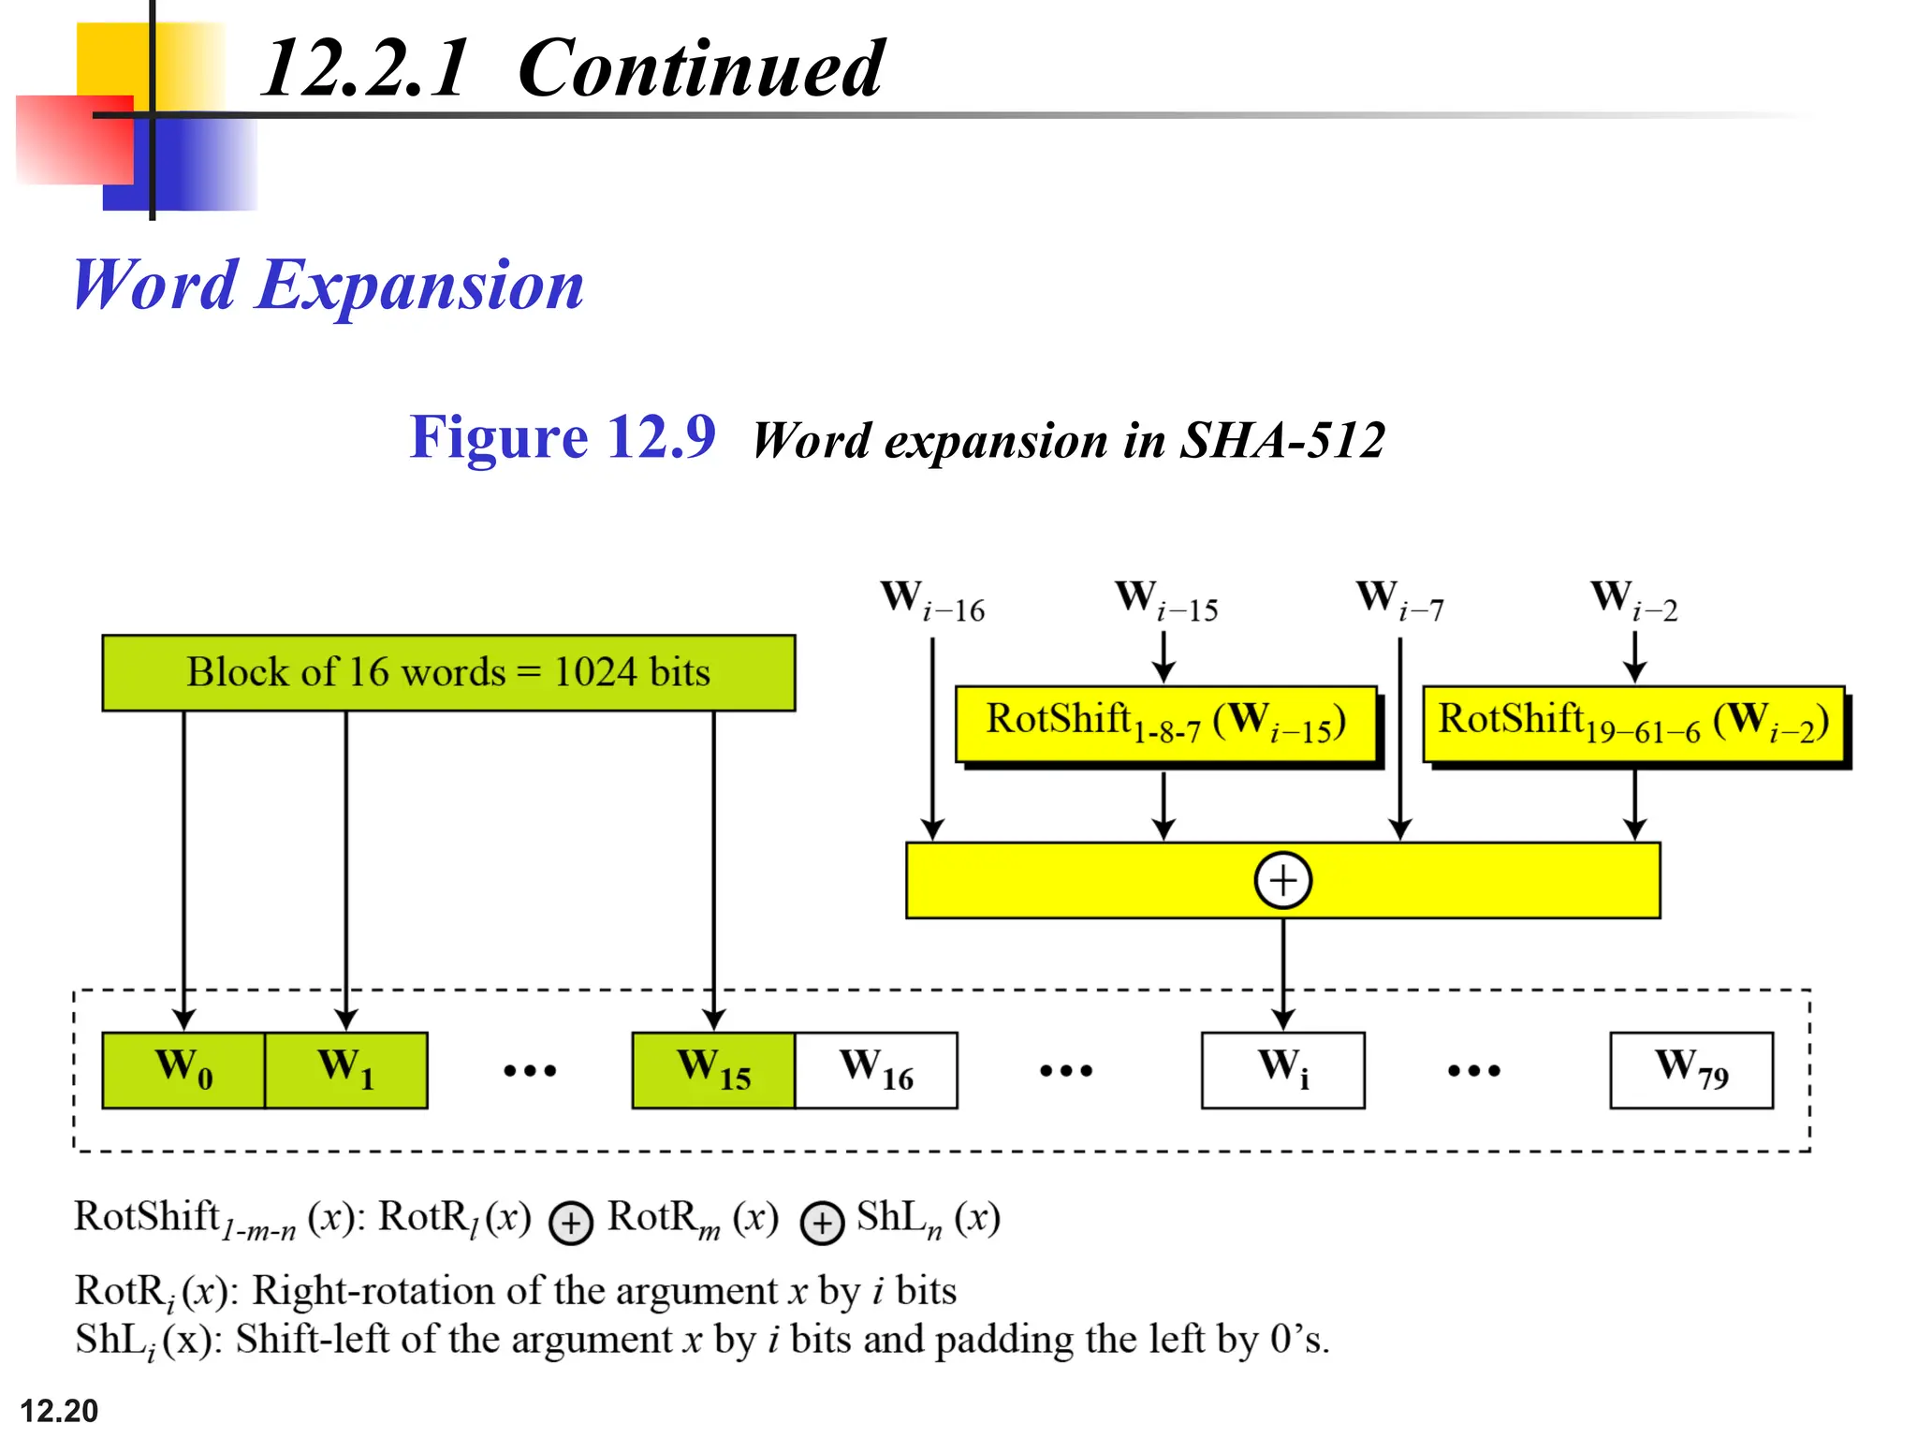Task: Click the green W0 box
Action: [183, 1070]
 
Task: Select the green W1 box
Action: [346, 1070]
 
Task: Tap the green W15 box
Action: [713, 1070]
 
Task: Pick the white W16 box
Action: [876, 1070]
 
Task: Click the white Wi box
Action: [1283, 1070]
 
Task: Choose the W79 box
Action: [1691, 1070]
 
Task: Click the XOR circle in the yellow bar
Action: [1282, 880]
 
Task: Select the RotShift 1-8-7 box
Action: [1166, 724]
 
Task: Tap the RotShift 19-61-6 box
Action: [1633, 724]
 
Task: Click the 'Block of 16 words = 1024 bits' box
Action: [448, 673]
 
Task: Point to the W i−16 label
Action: [932, 601]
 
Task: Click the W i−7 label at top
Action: [1399, 601]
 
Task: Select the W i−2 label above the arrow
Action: [1633, 601]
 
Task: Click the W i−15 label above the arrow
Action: [1165, 601]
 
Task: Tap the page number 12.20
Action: [59, 1410]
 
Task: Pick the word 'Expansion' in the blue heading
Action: [419, 285]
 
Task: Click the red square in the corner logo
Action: [73, 139]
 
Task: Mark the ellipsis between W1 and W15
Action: [530, 1070]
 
